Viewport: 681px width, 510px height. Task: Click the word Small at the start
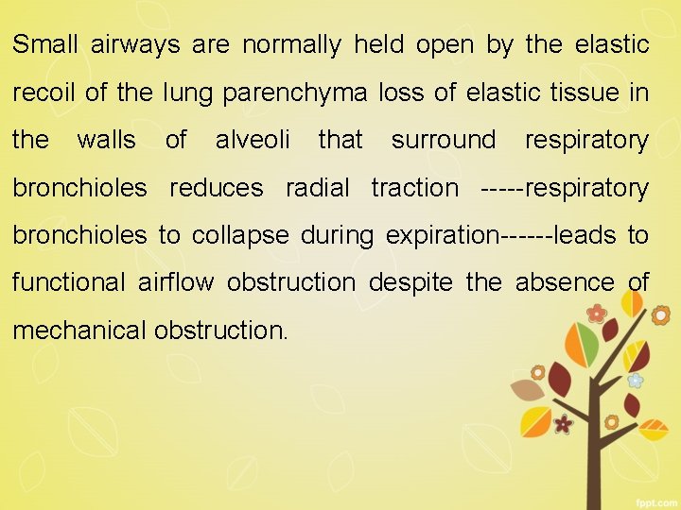[x=45, y=44]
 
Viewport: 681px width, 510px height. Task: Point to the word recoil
[x=44, y=93]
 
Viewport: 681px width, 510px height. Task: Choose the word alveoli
[x=253, y=140]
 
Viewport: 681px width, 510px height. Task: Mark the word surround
[x=443, y=140]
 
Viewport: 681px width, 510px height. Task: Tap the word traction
[x=413, y=187]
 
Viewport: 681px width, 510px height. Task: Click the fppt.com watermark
[x=653, y=499]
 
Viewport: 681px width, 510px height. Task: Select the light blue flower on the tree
[x=636, y=380]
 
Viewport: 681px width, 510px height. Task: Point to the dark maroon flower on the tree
[x=564, y=423]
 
